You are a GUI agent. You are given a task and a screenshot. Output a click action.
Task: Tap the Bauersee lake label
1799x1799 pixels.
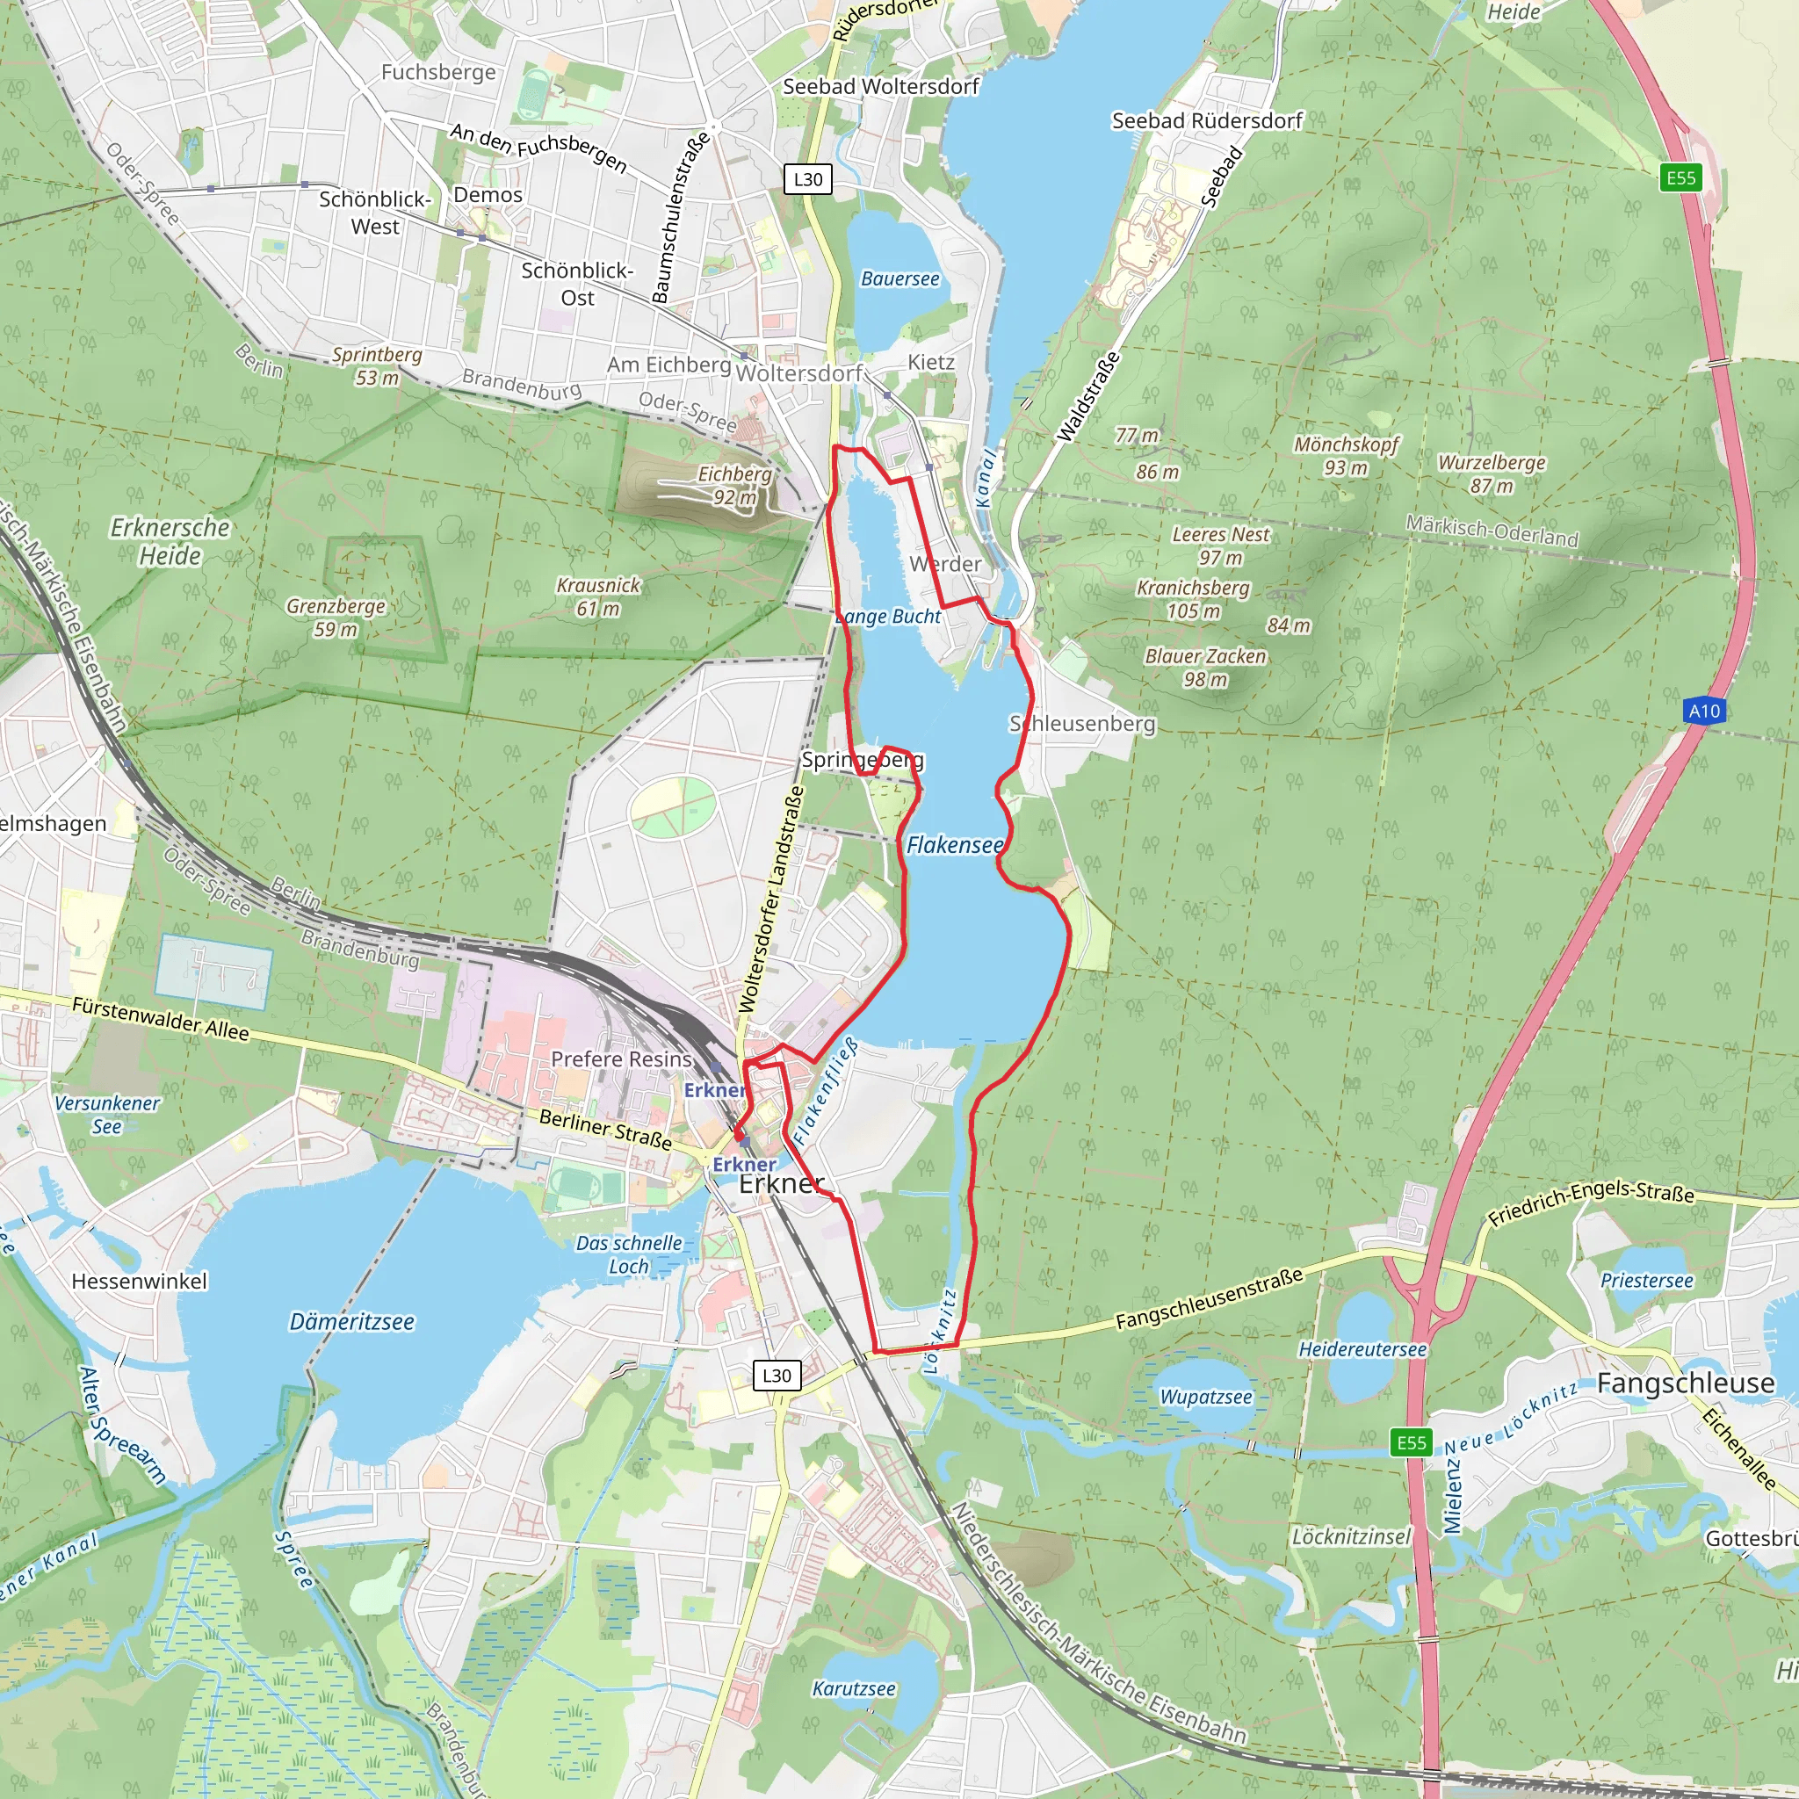(899, 278)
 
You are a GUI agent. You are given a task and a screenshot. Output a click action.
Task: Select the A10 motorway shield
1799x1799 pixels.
(1704, 711)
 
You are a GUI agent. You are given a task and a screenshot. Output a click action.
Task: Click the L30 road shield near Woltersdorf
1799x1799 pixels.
(807, 179)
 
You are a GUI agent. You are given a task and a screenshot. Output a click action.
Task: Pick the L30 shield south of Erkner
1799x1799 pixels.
(776, 1376)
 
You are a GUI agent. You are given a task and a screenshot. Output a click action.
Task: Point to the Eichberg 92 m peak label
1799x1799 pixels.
(734, 485)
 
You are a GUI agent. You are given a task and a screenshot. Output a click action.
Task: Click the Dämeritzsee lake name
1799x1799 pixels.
(351, 1321)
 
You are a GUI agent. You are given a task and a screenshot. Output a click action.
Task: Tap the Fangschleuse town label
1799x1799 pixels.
(1686, 1384)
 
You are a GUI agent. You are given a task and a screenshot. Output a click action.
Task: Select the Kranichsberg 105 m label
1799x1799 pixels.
(1193, 599)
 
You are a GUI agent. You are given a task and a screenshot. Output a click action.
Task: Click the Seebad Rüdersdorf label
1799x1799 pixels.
(1207, 120)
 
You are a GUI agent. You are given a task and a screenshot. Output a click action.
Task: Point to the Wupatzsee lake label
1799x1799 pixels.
(1206, 1397)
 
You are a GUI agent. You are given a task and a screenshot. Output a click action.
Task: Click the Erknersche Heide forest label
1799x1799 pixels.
(170, 541)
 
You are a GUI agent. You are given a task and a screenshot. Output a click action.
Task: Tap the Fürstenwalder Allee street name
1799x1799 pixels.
(160, 1019)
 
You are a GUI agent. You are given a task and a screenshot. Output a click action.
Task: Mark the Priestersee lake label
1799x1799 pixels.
(1646, 1281)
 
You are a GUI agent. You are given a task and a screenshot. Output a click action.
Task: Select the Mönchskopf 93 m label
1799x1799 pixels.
(1346, 455)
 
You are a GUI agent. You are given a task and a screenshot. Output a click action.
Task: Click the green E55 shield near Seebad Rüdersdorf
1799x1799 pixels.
(1680, 177)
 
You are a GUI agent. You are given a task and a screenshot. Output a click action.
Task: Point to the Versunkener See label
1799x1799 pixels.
(107, 1115)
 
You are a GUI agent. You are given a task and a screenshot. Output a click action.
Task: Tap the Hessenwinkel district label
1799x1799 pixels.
(140, 1281)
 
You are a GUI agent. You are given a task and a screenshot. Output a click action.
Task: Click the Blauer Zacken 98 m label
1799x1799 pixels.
(1205, 668)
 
